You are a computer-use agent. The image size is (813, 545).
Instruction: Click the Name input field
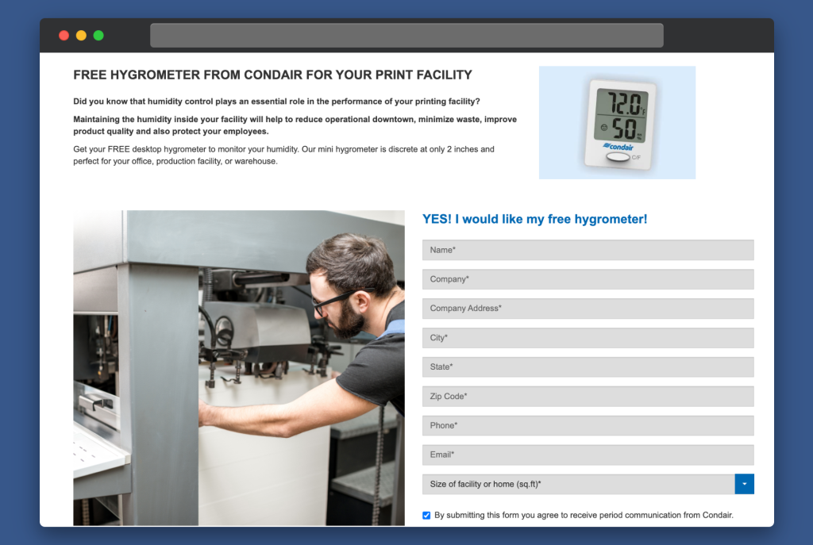pyautogui.click(x=588, y=250)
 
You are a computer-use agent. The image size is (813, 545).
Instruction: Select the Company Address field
pyautogui.click(x=588, y=309)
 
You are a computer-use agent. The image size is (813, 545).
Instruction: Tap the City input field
pyautogui.click(x=588, y=338)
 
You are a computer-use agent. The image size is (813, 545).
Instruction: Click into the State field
pyautogui.click(x=588, y=367)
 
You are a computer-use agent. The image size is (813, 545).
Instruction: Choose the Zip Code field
pyautogui.click(x=588, y=397)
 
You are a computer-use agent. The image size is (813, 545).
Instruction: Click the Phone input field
pyautogui.click(x=588, y=425)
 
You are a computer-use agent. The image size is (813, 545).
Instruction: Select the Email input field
pyautogui.click(x=588, y=455)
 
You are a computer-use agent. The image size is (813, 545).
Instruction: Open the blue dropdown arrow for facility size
pyautogui.click(x=745, y=484)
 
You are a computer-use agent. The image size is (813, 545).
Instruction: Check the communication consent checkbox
pyautogui.click(x=426, y=516)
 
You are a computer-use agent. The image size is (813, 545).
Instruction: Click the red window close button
pyautogui.click(x=64, y=35)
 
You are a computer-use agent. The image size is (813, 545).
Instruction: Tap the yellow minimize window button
pyautogui.click(x=82, y=35)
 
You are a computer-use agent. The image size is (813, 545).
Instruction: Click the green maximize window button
pyautogui.click(x=98, y=35)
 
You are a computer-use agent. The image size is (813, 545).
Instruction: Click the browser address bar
pyautogui.click(x=406, y=35)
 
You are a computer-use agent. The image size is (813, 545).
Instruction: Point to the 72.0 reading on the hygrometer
pyautogui.click(x=624, y=102)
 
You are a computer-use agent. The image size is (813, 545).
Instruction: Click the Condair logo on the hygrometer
pyautogui.click(x=618, y=147)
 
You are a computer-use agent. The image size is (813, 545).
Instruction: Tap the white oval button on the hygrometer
pyautogui.click(x=618, y=157)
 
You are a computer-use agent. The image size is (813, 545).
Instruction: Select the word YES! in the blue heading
pyautogui.click(x=437, y=219)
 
